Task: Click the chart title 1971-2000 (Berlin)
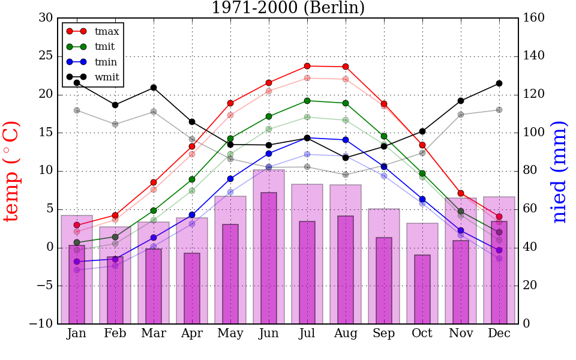(x=287, y=8)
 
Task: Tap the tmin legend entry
(x=106, y=62)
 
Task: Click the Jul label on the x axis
(x=307, y=334)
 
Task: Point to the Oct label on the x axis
(x=422, y=334)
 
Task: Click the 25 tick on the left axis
(x=46, y=56)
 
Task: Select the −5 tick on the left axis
(x=43, y=286)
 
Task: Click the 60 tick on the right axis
(x=531, y=209)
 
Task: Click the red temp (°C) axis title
(x=13, y=171)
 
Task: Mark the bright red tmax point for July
(x=307, y=66)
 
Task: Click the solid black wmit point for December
(x=499, y=83)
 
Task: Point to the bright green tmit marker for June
(x=269, y=116)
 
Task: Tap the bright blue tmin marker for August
(x=346, y=140)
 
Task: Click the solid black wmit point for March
(x=154, y=88)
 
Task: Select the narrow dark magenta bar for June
(x=269, y=258)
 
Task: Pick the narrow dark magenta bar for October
(x=422, y=289)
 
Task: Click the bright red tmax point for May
(x=230, y=103)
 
